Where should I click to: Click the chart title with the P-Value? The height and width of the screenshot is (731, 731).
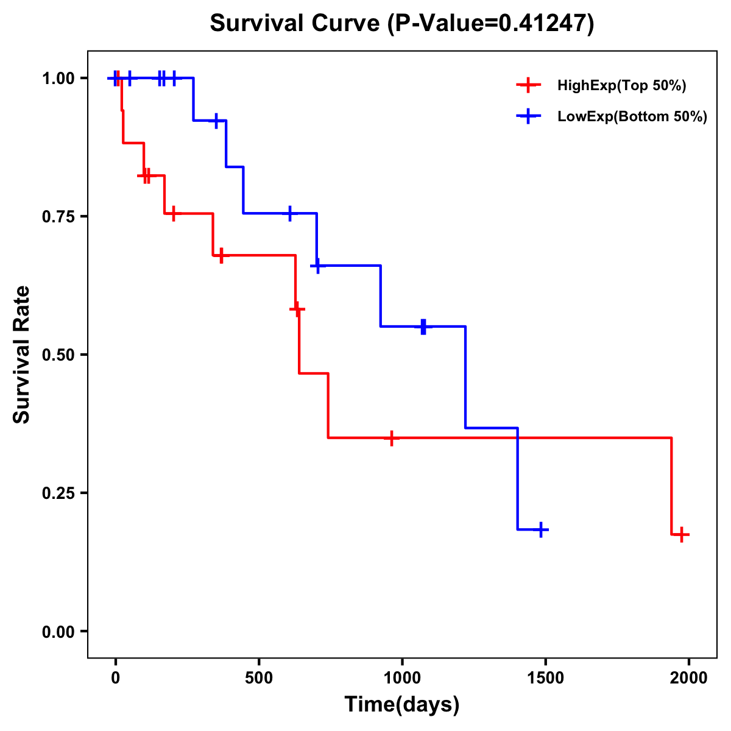(401, 23)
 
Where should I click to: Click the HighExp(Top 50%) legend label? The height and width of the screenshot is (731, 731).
(621, 86)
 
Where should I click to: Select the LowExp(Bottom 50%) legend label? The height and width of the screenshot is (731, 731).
(632, 117)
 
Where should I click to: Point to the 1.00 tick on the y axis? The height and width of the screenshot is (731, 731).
(57, 78)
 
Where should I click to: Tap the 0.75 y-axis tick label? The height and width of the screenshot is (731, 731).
(57, 216)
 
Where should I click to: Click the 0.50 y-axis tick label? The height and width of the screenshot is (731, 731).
(57, 355)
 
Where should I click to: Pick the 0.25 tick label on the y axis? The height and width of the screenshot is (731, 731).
(57, 493)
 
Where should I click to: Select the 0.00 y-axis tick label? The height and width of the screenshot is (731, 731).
(57, 631)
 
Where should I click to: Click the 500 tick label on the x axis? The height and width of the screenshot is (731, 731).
(259, 678)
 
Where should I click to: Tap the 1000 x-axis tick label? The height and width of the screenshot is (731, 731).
(402, 678)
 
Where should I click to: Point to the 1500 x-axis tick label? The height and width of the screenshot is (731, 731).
(546, 678)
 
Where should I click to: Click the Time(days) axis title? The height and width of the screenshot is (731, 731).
(402, 705)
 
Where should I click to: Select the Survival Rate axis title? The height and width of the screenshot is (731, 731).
(22, 355)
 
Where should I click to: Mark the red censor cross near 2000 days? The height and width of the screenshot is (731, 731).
(683, 535)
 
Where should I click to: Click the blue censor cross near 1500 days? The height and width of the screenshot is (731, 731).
(541, 530)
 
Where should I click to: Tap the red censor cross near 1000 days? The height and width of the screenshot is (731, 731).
(392, 438)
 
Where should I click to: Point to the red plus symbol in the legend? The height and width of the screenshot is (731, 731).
(529, 86)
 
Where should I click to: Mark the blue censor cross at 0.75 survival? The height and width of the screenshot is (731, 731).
(290, 213)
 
